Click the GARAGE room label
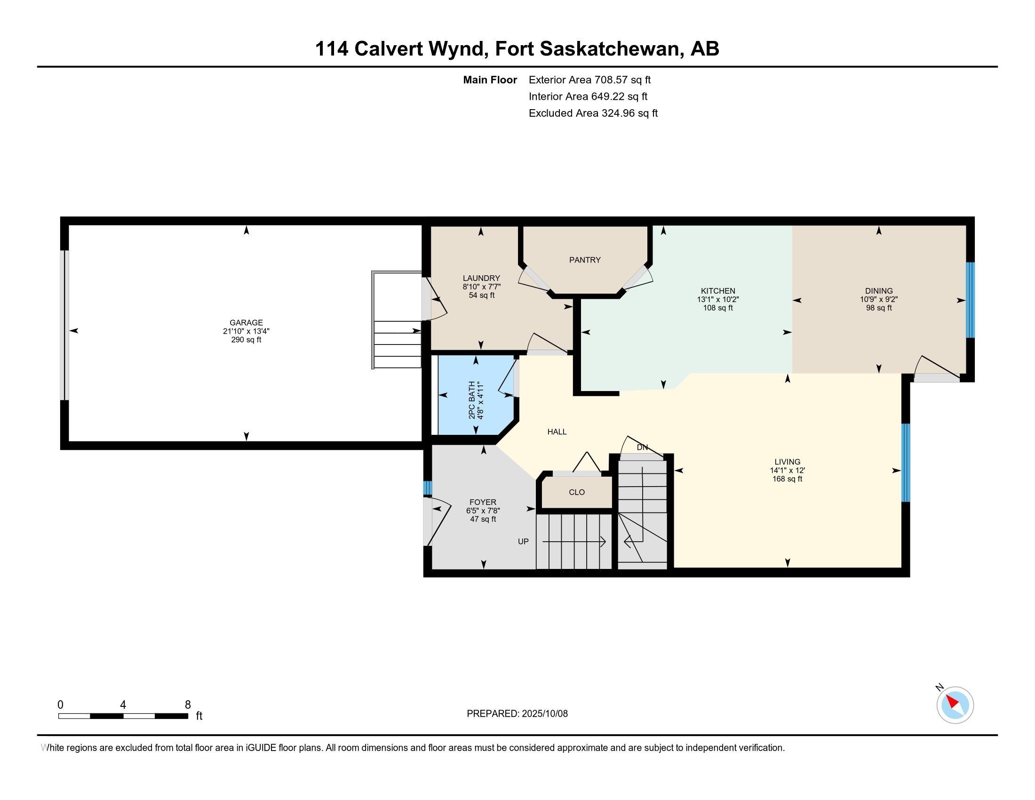[x=246, y=323]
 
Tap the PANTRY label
[x=585, y=260]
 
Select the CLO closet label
[x=577, y=492]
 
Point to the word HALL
[x=557, y=432]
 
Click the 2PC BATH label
[x=472, y=400]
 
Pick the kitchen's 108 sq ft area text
[x=718, y=308]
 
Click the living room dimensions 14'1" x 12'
[x=787, y=471]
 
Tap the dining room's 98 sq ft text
[x=879, y=308]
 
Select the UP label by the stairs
[x=523, y=541]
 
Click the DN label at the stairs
[x=642, y=448]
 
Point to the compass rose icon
[x=955, y=705]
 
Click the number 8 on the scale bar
[x=188, y=704]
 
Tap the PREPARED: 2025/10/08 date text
[x=517, y=714]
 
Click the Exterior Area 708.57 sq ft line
[x=589, y=80]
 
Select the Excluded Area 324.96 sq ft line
[x=593, y=113]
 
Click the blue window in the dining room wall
[x=970, y=300]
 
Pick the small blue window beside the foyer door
[x=428, y=488]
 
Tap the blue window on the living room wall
[x=906, y=462]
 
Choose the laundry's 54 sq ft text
[x=481, y=295]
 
